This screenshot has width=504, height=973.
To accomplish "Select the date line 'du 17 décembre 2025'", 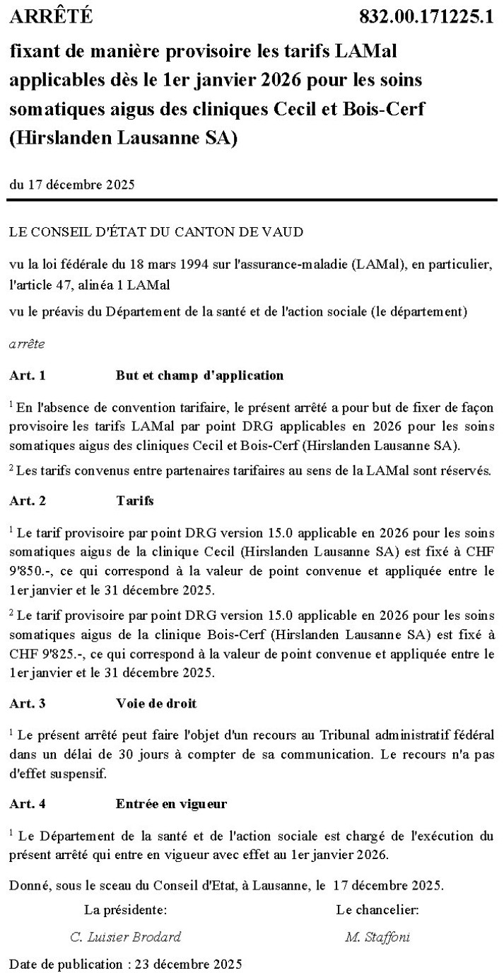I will click(x=72, y=185).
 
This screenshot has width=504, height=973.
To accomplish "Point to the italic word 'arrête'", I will click(x=28, y=345).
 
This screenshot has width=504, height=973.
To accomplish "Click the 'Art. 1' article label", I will click(x=28, y=376).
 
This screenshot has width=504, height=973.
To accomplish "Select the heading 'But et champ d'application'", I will click(x=199, y=376).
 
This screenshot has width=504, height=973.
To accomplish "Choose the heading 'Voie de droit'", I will click(x=156, y=703).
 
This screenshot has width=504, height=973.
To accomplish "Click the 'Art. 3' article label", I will click(x=28, y=703).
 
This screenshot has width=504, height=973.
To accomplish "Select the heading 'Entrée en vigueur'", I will click(x=171, y=804).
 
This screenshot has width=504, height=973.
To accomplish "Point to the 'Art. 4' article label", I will click(x=28, y=804).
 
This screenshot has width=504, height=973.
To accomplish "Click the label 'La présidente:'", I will click(x=126, y=909).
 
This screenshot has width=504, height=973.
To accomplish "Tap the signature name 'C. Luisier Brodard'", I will click(x=126, y=937).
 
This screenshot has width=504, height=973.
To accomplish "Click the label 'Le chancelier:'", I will click(x=377, y=909).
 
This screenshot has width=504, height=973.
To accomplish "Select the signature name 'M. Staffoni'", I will click(x=377, y=937).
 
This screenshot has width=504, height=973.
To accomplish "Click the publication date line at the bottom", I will click(x=126, y=964).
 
